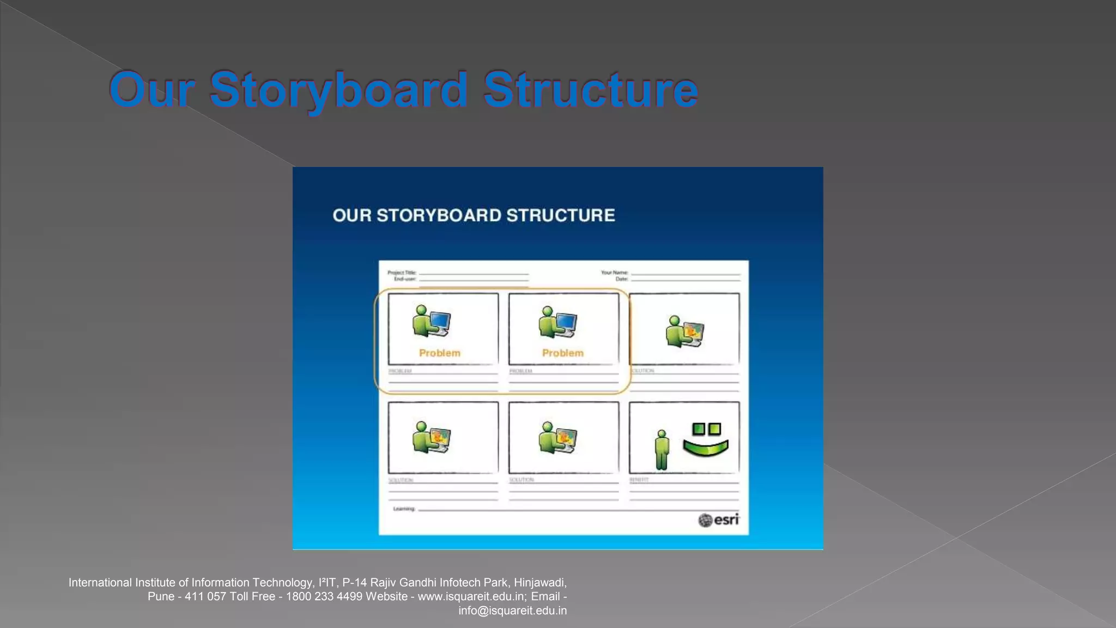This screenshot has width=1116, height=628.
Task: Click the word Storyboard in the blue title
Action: pyautogui.click(x=338, y=90)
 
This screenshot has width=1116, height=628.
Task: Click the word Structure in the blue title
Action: pyautogui.click(x=590, y=90)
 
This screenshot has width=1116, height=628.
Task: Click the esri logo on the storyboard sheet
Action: pyautogui.click(x=719, y=520)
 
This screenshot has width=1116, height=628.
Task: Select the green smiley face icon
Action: pyautogui.click(x=706, y=440)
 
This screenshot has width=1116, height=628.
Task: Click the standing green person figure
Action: pyautogui.click(x=662, y=450)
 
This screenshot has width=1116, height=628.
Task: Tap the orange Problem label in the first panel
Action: pyautogui.click(x=440, y=353)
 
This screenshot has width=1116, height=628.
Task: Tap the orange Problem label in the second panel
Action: pyautogui.click(x=562, y=353)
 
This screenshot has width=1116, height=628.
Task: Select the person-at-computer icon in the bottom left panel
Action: pyautogui.click(x=431, y=437)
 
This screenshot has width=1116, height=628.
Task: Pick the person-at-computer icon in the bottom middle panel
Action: pyautogui.click(x=557, y=437)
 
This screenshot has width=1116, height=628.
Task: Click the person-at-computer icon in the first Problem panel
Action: pyautogui.click(x=431, y=321)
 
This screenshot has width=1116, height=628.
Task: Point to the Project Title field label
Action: pyautogui.click(x=402, y=273)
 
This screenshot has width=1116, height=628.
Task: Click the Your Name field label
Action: pyautogui.click(x=615, y=273)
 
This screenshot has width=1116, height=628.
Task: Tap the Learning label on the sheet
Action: pyautogui.click(x=404, y=509)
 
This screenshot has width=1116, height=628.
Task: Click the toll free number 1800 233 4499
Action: pyautogui.click(x=324, y=597)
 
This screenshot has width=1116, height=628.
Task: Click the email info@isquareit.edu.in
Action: pyautogui.click(x=512, y=611)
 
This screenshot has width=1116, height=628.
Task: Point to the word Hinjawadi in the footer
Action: pyautogui.click(x=539, y=583)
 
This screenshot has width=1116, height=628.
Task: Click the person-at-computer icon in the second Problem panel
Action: pyautogui.click(x=557, y=322)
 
